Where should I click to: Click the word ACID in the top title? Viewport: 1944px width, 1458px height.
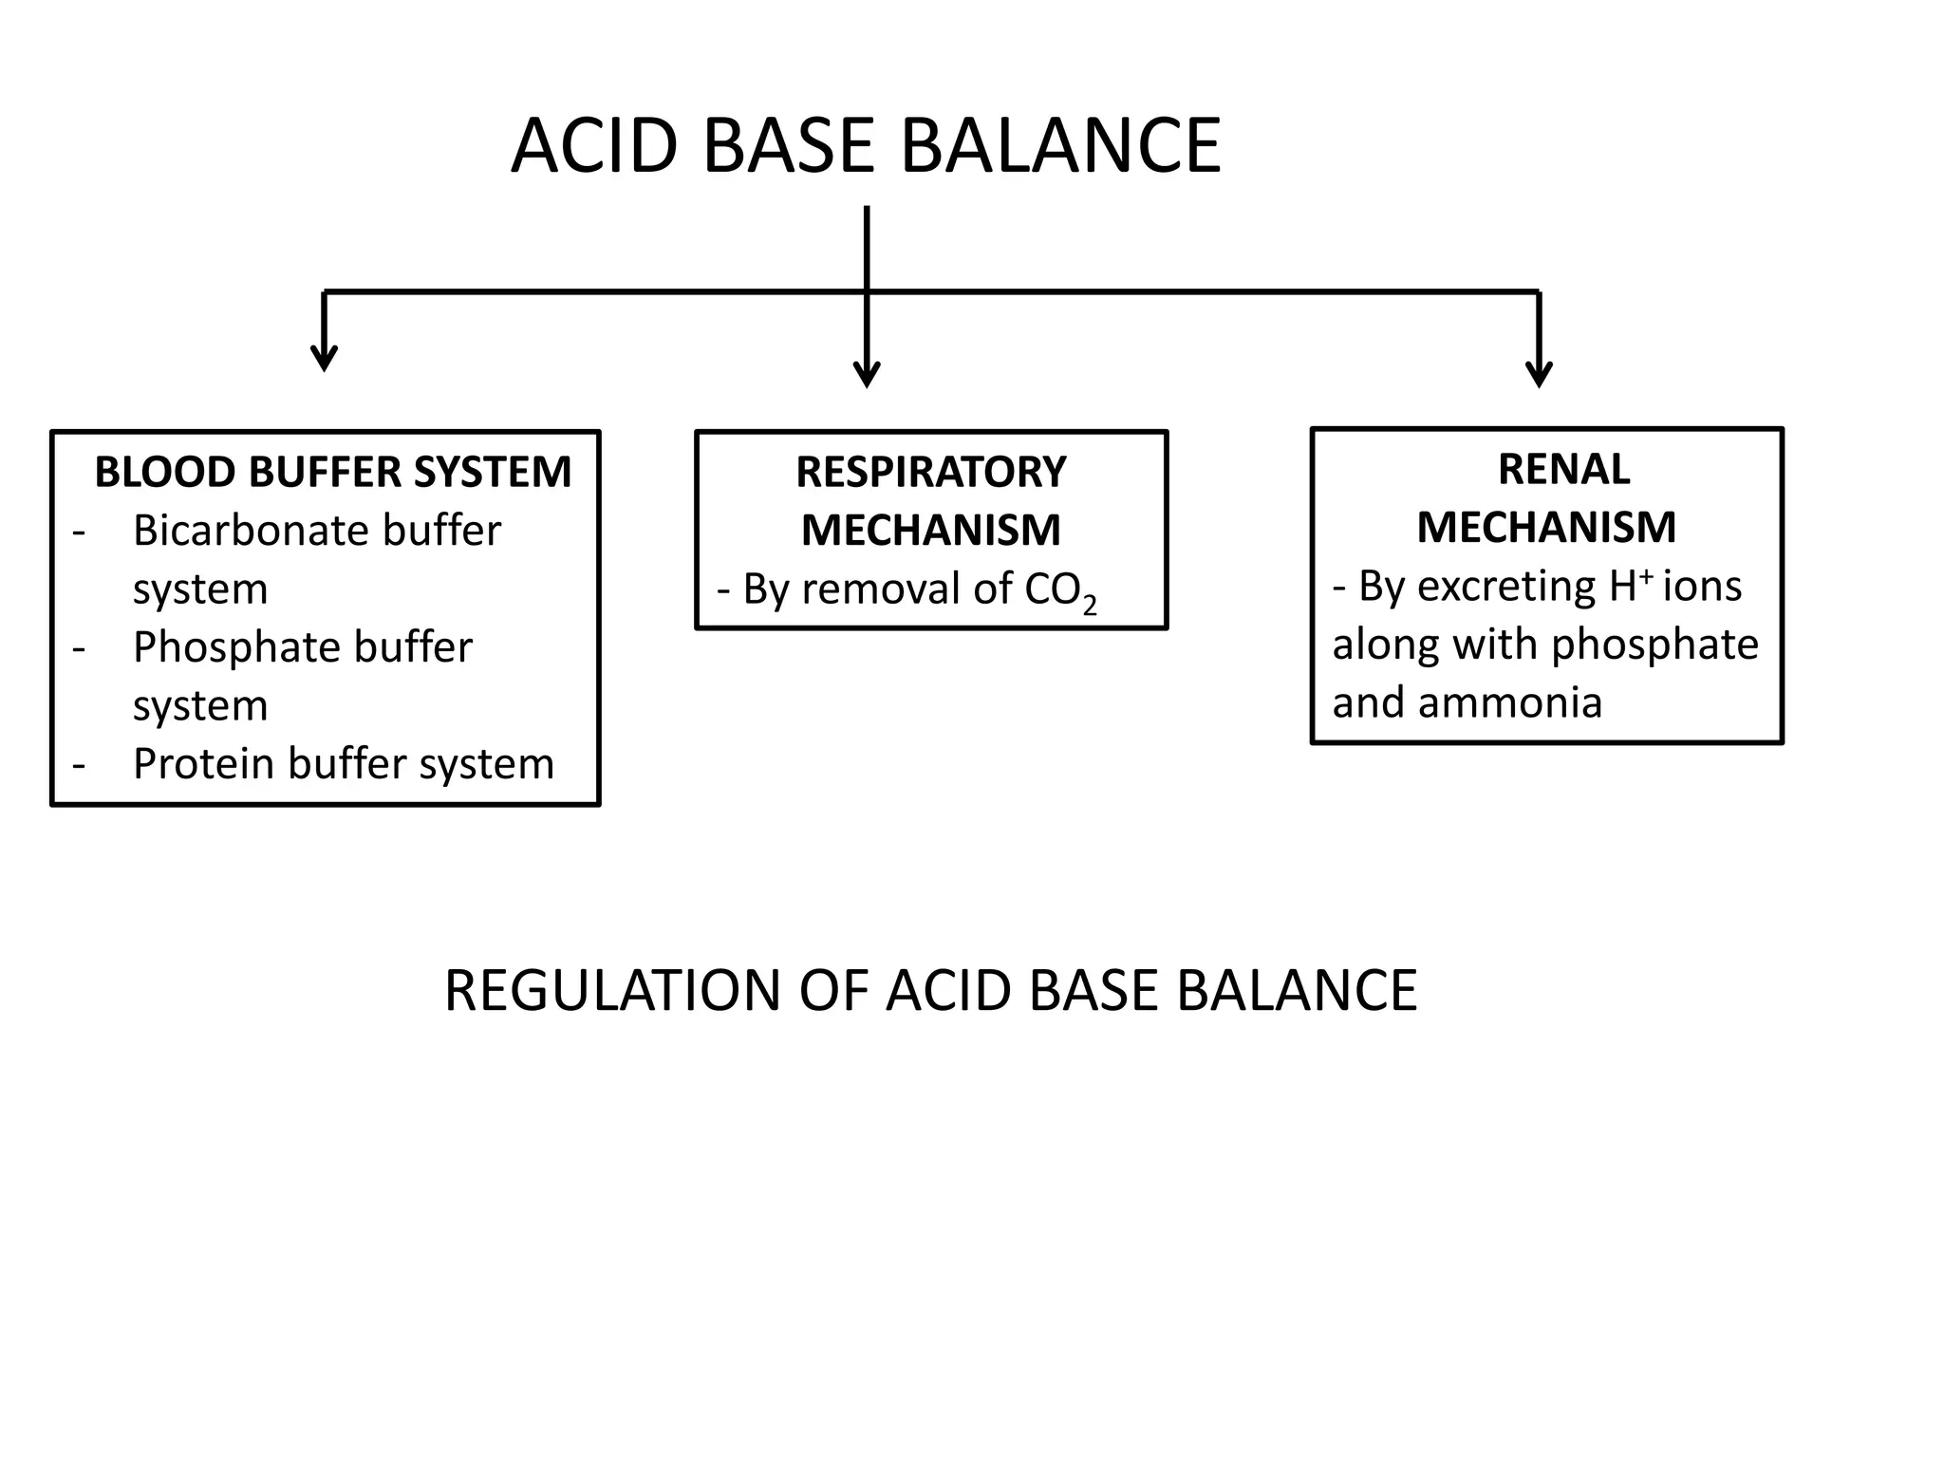[595, 146]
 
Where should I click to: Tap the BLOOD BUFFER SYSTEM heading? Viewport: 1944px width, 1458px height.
[332, 473]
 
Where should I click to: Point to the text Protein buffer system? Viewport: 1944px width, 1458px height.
[343, 764]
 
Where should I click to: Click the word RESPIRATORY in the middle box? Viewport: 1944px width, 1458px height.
[930, 473]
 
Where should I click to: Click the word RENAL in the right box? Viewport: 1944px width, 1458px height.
[1563, 470]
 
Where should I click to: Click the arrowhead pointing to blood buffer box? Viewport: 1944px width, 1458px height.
[325, 361]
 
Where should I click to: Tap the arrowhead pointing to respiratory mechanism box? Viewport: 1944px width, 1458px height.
[867, 377]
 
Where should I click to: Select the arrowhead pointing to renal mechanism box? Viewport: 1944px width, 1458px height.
[1539, 377]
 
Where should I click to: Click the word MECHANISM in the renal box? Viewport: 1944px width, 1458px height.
[1546, 528]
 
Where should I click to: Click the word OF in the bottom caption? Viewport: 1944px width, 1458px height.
[833, 991]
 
